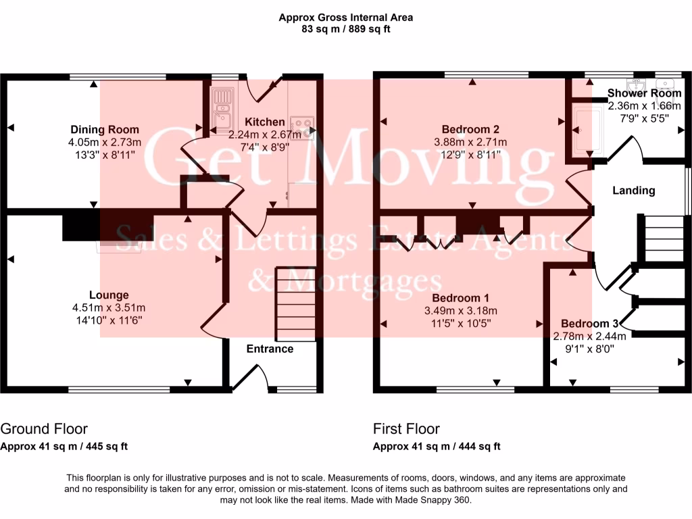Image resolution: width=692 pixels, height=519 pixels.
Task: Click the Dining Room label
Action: point(105,130)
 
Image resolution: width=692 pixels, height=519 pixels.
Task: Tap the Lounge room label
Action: point(109,295)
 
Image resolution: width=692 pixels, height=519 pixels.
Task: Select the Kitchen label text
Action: point(264,122)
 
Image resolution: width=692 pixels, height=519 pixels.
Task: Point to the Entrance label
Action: point(270,349)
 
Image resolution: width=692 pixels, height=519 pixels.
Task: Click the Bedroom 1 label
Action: point(460,298)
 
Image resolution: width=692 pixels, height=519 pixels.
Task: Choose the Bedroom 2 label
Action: point(470,130)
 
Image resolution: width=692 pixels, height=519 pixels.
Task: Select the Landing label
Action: point(633,191)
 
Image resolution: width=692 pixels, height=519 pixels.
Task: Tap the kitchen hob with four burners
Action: point(302,125)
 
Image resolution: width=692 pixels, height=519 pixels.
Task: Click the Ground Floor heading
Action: point(44,428)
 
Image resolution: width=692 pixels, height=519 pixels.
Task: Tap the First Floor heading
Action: point(406,428)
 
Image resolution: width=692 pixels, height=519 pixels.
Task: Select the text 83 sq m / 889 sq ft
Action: point(345,29)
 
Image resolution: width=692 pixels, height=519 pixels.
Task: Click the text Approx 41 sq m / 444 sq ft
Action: point(437,446)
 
